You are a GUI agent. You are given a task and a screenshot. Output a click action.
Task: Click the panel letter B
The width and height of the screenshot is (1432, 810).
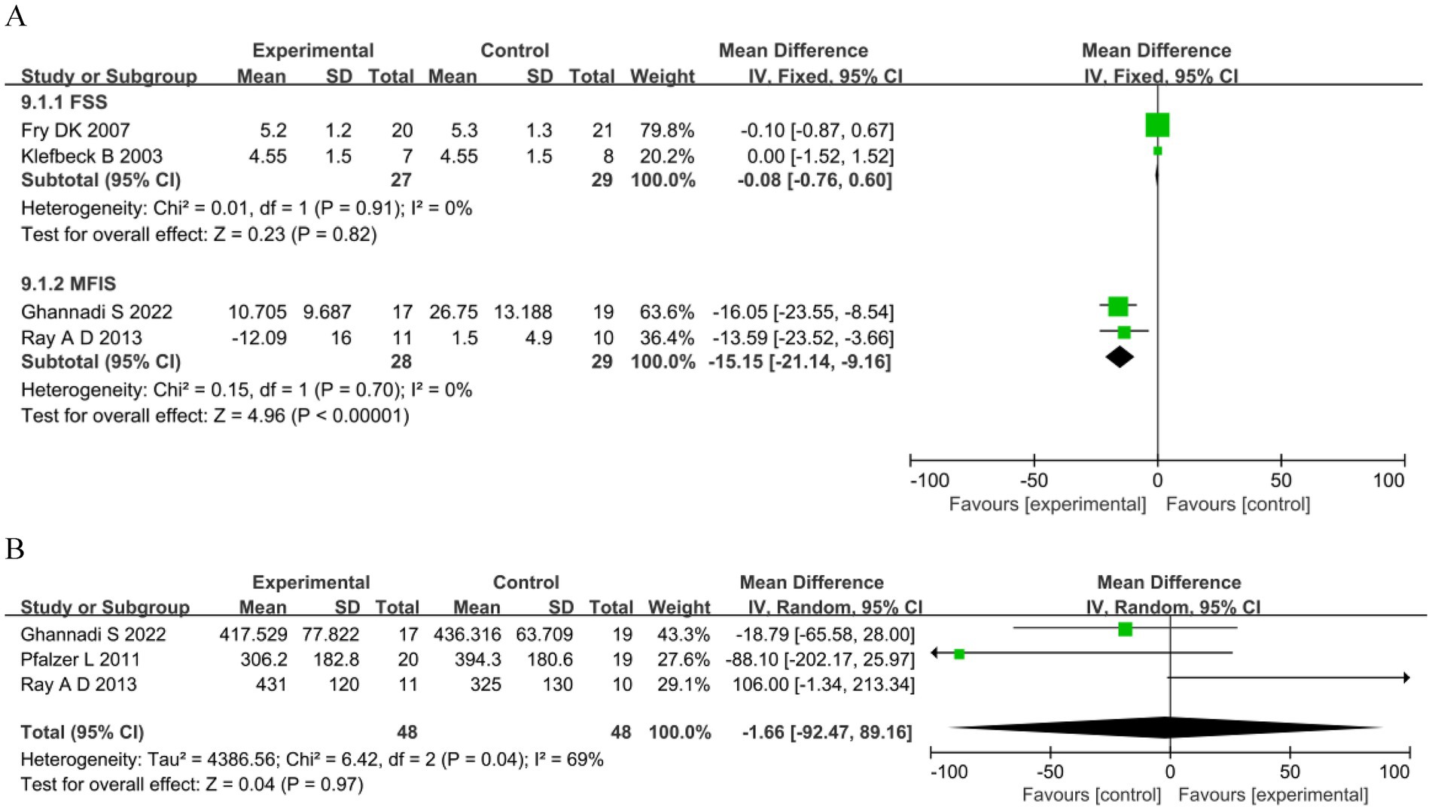pyautogui.click(x=15, y=549)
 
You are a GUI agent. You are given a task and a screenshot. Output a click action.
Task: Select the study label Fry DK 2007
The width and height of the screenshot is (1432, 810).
pyautogui.click(x=75, y=130)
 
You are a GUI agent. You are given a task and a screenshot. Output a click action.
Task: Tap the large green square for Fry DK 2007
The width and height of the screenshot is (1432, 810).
pyautogui.click(x=1157, y=125)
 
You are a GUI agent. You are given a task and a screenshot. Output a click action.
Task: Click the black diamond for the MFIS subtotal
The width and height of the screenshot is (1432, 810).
pyautogui.click(x=1120, y=357)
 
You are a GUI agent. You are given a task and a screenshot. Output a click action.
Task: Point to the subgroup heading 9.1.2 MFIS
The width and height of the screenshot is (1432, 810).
pyautogui.click(x=69, y=284)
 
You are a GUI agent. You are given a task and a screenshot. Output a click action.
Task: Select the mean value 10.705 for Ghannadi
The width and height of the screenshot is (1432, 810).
pyautogui.click(x=257, y=312)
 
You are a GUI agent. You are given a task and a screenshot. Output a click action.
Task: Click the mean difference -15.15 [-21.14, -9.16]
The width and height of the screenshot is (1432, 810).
pyautogui.click(x=799, y=362)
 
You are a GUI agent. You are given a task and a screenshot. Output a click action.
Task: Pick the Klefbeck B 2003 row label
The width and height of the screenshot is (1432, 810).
pyautogui.click(x=92, y=156)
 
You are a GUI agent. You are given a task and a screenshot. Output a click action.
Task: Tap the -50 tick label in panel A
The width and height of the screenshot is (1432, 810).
pyautogui.click(x=1033, y=480)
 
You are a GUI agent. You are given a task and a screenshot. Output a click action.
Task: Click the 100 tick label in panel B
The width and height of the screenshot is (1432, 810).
pyautogui.click(x=1394, y=772)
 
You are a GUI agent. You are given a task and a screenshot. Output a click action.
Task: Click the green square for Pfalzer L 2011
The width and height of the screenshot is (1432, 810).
pyautogui.click(x=959, y=654)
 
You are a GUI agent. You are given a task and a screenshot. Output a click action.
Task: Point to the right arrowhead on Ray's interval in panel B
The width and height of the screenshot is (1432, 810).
pyautogui.click(x=1406, y=678)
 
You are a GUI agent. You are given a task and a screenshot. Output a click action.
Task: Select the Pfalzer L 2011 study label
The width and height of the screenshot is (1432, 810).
pyautogui.click(x=80, y=659)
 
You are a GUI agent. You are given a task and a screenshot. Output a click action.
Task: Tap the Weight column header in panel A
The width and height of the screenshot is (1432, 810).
pyautogui.click(x=662, y=76)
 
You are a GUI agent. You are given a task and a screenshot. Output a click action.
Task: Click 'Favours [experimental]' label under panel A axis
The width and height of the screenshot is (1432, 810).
pyautogui.click(x=1047, y=504)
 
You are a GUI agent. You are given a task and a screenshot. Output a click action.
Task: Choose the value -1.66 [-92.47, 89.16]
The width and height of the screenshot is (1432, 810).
pyautogui.click(x=826, y=732)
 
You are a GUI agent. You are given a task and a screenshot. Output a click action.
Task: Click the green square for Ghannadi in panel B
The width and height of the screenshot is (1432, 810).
pyautogui.click(x=1125, y=629)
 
